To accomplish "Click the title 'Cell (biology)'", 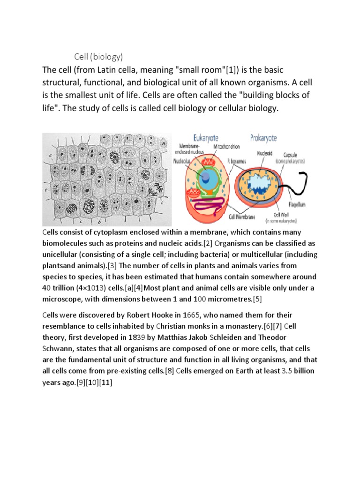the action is [x=99, y=57].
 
